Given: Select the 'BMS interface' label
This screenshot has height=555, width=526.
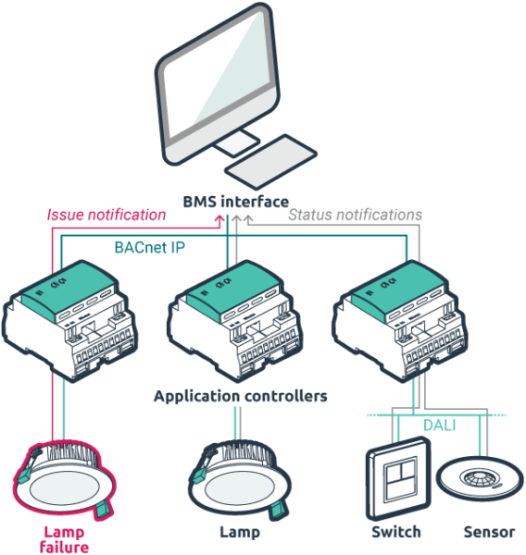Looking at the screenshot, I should tap(235, 201).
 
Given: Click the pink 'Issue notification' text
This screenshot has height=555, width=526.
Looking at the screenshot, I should tap(106, 216).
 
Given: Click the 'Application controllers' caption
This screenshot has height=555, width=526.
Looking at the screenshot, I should tap(240, 397).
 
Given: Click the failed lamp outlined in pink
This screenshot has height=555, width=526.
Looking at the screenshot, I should tap(64, 482).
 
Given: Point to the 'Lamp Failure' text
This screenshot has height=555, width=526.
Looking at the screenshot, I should tap(65, 538).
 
